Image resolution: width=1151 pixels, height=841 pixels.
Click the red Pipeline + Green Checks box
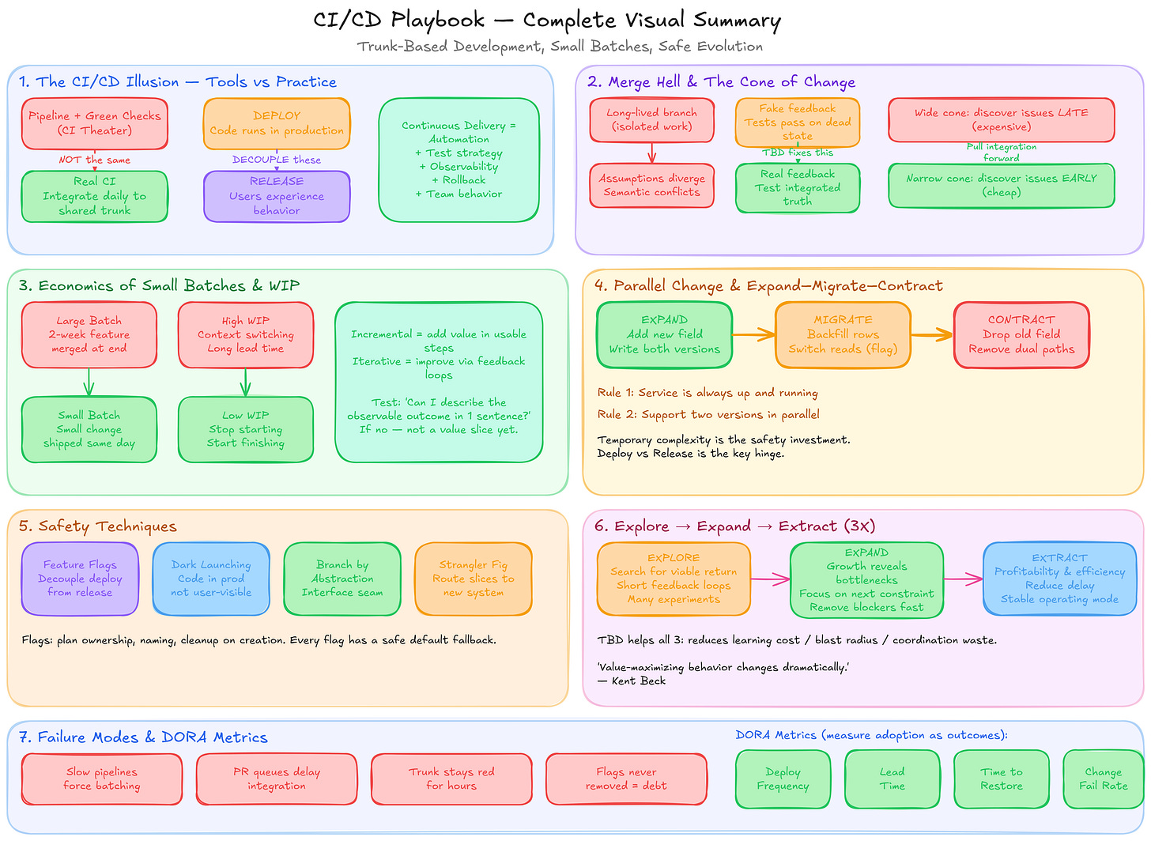click(95, 123)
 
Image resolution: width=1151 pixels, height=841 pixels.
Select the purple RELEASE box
click(277, 196)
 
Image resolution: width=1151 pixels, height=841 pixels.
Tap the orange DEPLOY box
click(277, 123)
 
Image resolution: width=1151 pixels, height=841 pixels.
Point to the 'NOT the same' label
click(95, 160)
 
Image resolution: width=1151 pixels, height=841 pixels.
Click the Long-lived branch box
click(651, 120)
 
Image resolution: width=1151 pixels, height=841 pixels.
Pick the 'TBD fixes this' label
click(798, 153)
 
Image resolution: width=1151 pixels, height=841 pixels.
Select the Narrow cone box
click(1001, 185)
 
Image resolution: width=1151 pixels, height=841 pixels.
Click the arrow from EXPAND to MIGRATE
click(753, 335)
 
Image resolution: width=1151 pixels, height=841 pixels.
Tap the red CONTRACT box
click(1021, 334)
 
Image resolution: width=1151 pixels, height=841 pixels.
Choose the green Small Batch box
click(89, 429)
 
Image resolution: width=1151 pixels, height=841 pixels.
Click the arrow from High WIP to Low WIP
click(246, 383)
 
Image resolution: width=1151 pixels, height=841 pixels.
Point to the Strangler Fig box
click(474, 579)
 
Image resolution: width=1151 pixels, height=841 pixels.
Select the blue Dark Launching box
click(211, 579)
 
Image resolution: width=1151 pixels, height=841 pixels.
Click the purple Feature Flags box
click(80, 579)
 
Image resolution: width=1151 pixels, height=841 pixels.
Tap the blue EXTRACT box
click(1059, 579)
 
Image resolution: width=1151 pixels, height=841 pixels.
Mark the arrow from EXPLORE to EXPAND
click(770, 580)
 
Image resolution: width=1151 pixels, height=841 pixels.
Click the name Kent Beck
click(639, 681)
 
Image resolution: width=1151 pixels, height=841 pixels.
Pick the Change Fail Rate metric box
click(1103, 779)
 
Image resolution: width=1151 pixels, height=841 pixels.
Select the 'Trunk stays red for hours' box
click(451, 779)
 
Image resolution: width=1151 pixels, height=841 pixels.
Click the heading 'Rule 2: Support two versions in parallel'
click(708, 414)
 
